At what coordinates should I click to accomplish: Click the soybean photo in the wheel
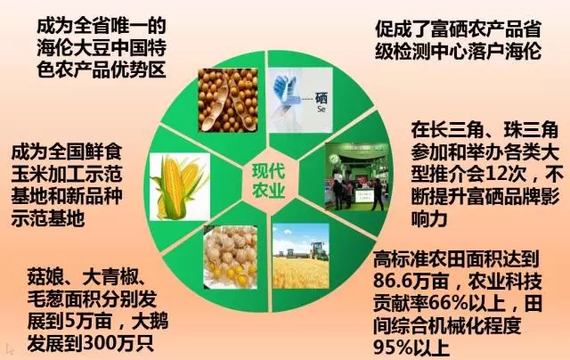coord(228,100)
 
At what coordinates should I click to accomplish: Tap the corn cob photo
coord(180,186)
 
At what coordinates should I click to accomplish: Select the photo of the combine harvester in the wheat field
coord(301,256)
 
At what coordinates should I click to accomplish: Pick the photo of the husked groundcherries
coord(231,258)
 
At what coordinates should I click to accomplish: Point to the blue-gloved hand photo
coord(301,100)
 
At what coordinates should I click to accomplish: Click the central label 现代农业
coord(269,182)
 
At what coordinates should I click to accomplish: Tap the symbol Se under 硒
coord(321,109)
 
